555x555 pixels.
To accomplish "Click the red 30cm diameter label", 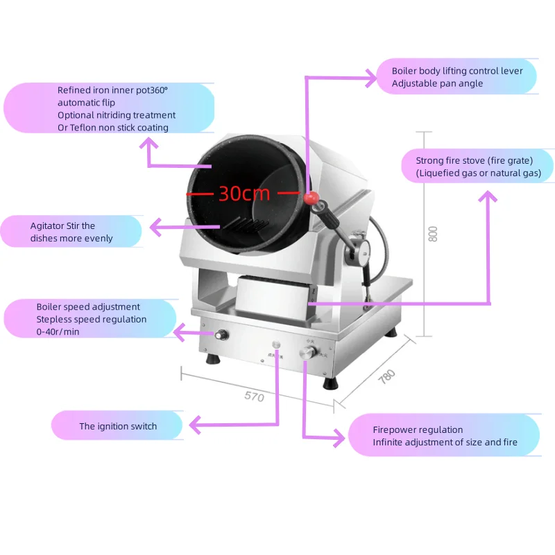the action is tap(244, 193).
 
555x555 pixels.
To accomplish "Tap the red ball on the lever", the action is tap(311, 198).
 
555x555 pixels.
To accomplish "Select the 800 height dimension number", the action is tap(434, 234).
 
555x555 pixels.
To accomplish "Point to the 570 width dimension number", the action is tap(254, 398).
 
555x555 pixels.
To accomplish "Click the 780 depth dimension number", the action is tap(386, 377).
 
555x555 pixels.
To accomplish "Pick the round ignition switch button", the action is tap(277, 344).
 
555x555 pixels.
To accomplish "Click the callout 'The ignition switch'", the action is tap(118, 426).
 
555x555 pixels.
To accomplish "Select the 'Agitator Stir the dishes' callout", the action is tap(72, 232).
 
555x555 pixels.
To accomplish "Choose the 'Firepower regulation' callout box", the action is tap(445, 436).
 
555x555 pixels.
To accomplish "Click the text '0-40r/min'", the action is tap(58, 332).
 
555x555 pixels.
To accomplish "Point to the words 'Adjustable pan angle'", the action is tap(437, 83).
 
